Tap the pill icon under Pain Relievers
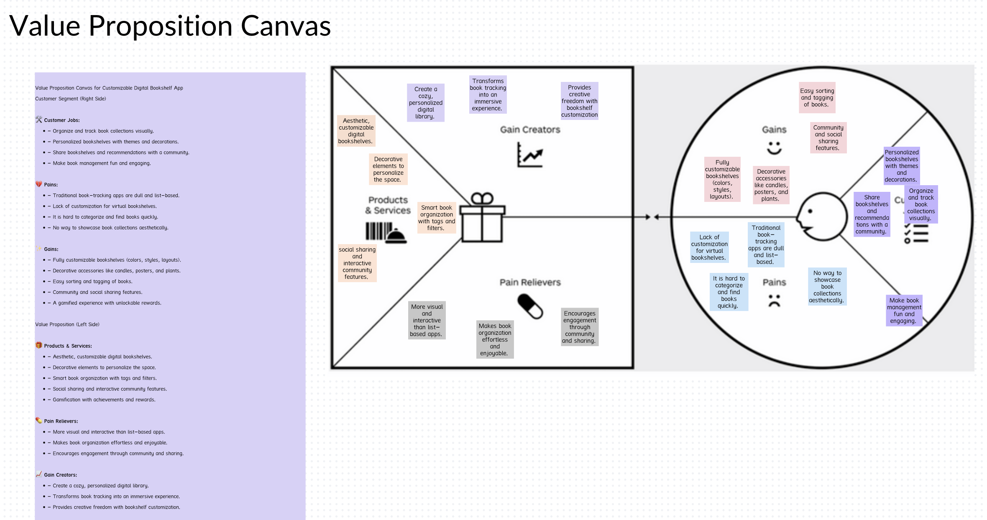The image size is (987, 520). [x=530, y=306]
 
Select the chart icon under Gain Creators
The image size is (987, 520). [x=530, y=155]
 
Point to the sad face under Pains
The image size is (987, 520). [x=774, y=301]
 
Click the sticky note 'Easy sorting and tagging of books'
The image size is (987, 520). [x=817, y=97]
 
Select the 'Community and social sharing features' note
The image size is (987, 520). [x=828, y=138]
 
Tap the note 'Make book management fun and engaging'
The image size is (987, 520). [x=904, y=311]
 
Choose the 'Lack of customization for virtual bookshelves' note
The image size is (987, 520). [x=709, y=247]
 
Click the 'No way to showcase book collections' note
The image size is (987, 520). [x=827, y=286]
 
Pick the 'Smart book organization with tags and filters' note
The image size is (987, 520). [x=436, y=217]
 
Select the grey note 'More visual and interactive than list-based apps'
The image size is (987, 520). [x=427, y=320]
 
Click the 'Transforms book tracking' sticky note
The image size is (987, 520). [x=488, y=94]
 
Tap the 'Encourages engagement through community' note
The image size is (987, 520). [x=579, y=327]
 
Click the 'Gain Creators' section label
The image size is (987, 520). [x=530, y=130]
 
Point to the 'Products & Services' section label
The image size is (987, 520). [x=388, y=205]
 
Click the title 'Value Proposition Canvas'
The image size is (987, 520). [x=170, y=26]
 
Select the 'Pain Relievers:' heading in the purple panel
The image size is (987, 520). [x=61, y=421]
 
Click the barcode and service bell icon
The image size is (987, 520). [x=386, y=232]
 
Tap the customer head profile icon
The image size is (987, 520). [x=821, y=217]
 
